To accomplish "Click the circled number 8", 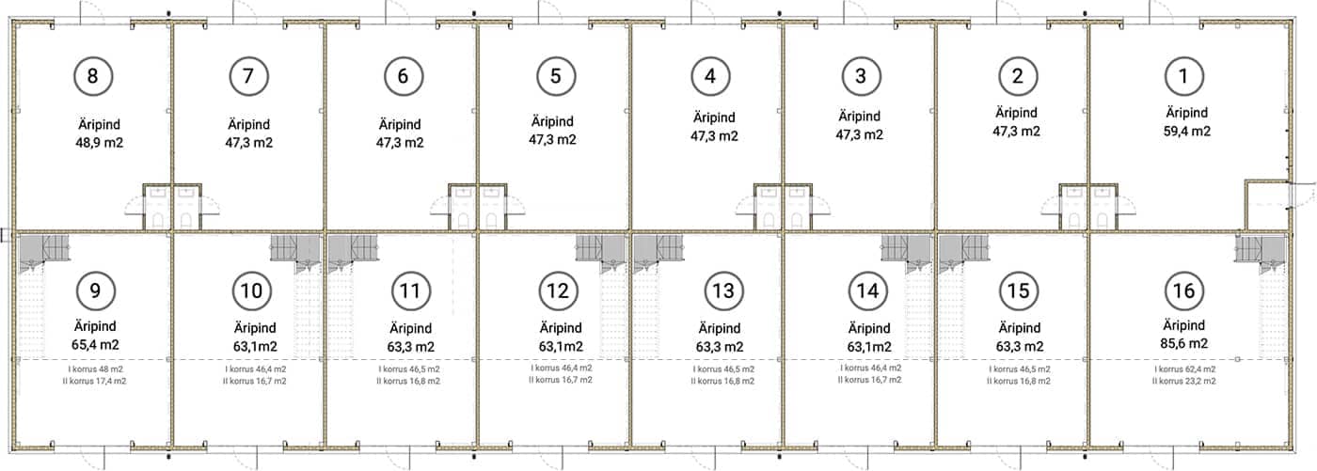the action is coord(93,76).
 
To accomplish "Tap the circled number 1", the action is coord(1184,76).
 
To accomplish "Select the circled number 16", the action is coord(1184,290).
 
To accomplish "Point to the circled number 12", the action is coord(558,290).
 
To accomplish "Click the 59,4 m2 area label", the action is coord(1187,131).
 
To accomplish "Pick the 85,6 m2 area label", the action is coord(1184,343).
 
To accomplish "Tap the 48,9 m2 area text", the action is coord(100,143).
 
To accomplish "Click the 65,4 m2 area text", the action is coord(95,345).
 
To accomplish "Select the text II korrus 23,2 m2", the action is coord(1184,381).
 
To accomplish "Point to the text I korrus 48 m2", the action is coord(96,369).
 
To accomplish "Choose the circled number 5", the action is coord(556,76).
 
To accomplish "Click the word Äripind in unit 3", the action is coord(860,117).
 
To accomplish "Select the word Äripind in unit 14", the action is coord(869,328).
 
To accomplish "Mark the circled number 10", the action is coord(252,290).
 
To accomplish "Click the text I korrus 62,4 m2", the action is coord(1184,369).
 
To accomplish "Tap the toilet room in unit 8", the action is coord(158,208).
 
